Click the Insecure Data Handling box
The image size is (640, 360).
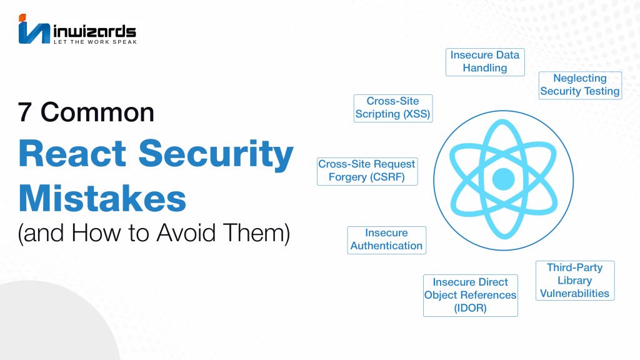(485, 62)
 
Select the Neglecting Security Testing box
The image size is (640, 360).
(580, 85)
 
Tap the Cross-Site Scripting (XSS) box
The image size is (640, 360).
(393, 108)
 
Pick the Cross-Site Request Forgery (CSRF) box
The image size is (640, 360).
(367, 171)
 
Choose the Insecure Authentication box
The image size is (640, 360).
(386, 240)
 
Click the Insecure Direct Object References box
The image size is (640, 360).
(470, 296)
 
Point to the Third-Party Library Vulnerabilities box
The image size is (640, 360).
(575, 281)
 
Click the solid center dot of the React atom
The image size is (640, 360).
(503, 179)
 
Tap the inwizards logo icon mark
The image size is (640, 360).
(34, 29)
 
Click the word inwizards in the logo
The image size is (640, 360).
(95, 31)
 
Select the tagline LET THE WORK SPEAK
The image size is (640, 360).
(96, 42)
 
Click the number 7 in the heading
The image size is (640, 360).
(24, 112)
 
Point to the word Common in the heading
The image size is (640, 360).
(97, 112)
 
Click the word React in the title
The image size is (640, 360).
(72, 154)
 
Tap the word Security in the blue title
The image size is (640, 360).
(216, 154)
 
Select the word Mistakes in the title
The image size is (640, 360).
(102, 198)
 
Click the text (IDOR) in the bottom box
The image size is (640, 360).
(470, 307)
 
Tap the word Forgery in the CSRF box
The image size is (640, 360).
(347, 177)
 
